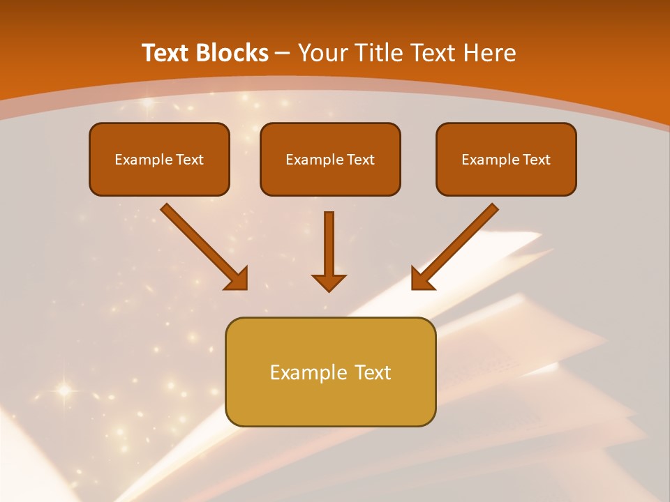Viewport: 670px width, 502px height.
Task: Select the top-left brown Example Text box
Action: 159,159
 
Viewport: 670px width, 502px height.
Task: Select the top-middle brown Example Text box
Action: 330,159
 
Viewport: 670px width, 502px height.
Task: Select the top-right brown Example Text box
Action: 506,159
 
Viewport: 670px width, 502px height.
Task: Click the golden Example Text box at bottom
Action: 330,372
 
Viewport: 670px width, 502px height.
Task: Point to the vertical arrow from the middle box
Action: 329,248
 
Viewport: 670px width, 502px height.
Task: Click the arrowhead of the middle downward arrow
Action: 329,282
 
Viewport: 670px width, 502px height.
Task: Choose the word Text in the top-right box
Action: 536,160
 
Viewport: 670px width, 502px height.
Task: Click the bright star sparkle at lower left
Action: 64,390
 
